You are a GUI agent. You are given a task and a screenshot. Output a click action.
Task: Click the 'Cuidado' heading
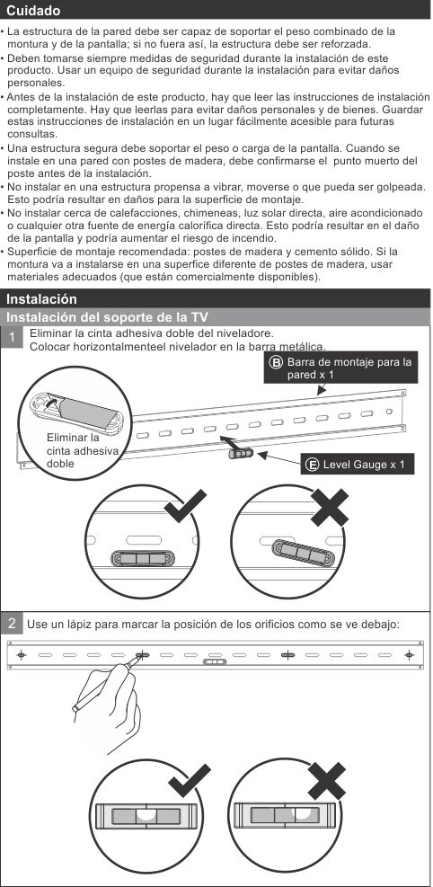tap(33, 11)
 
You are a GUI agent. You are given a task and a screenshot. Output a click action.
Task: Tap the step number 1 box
tap(13, 338)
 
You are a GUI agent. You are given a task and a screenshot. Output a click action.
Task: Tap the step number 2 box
tap(12, 624)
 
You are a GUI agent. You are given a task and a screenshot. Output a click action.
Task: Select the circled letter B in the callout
tap(276, 362)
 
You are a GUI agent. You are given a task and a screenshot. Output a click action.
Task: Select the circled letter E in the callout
tap(312, 465)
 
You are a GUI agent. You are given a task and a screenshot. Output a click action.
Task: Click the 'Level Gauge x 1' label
tap(364, 465)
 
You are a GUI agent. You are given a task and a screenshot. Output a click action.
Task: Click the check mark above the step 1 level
tap(185, 505)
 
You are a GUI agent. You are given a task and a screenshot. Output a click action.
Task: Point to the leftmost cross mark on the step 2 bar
tap(22, 655)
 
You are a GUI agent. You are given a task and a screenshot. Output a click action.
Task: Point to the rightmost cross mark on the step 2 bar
tap(409, 655)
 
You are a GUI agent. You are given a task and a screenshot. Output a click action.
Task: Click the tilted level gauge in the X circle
tap(303, 554)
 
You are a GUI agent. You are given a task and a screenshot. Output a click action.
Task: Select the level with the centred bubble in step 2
tap(146, 815)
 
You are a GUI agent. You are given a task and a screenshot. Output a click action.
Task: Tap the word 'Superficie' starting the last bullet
tap(30, 251)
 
